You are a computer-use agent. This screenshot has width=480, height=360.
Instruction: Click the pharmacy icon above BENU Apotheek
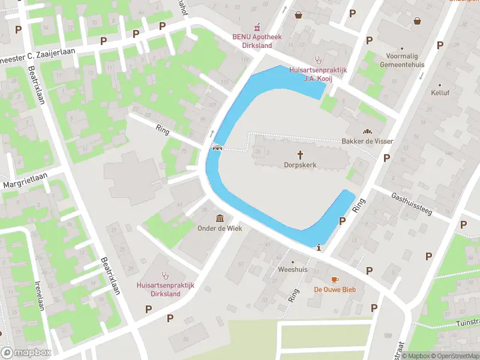click(257, 27)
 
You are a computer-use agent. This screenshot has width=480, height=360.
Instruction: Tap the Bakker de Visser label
click(367, 141)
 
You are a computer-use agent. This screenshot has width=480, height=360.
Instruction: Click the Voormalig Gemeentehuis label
click(402, 60)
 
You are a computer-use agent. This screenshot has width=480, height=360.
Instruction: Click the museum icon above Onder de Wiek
click(220, 218)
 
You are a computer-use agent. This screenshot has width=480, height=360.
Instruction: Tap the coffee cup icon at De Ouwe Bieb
click(335, 280)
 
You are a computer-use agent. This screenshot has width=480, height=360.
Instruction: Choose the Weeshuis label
click(293, 269)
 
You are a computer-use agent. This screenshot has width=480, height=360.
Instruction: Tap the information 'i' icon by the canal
click(319, 247)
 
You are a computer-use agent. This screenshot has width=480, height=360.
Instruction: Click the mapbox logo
click(26, 353)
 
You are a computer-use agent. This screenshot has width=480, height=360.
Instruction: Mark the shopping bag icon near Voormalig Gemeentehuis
click(417, 21)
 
